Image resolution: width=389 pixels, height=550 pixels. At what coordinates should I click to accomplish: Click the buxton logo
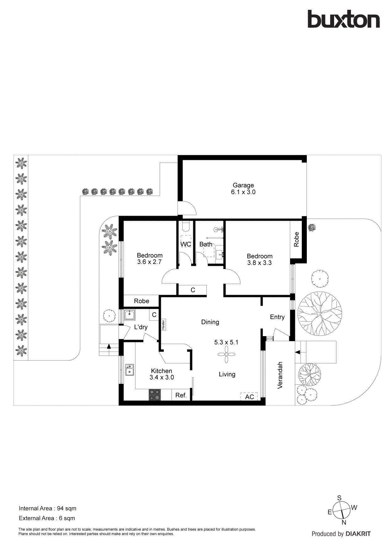[x=344, y=19]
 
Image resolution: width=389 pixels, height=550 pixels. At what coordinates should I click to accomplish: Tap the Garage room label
[x=243, y=185]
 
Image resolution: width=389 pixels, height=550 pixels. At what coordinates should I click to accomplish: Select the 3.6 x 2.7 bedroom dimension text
[x=149, y=262]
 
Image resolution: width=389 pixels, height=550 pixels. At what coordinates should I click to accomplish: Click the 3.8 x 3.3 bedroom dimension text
[x=259, y=263]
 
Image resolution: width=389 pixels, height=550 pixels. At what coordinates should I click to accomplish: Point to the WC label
[x=186, y=244]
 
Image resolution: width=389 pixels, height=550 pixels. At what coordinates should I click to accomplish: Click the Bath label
[x=206, y=244]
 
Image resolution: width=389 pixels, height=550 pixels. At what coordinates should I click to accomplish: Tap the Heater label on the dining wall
[x=163, y=325]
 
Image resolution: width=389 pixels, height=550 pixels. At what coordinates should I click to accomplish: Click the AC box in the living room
[x=249, y=397]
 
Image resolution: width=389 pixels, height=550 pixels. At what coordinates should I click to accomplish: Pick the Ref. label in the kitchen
[x=181, y=395]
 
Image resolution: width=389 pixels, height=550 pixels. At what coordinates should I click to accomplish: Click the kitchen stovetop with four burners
[x=155, y=395]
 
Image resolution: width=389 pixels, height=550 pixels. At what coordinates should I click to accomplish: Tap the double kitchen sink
[x=130, y=370]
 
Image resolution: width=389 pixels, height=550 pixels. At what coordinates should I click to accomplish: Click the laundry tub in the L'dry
[x=130, y=315]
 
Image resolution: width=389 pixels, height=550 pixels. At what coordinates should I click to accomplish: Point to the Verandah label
[x=280, y=375]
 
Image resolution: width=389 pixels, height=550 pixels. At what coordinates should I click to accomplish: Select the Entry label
[x=277, y=317]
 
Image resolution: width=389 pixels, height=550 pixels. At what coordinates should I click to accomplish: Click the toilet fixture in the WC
[x=186, y=226]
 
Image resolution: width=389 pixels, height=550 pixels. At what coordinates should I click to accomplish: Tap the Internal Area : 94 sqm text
[x=48, y=509]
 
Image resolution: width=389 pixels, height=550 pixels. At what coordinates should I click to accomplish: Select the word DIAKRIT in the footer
[x=358, y=534]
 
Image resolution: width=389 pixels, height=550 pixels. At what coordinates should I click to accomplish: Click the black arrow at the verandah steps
[x=298, y=352]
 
